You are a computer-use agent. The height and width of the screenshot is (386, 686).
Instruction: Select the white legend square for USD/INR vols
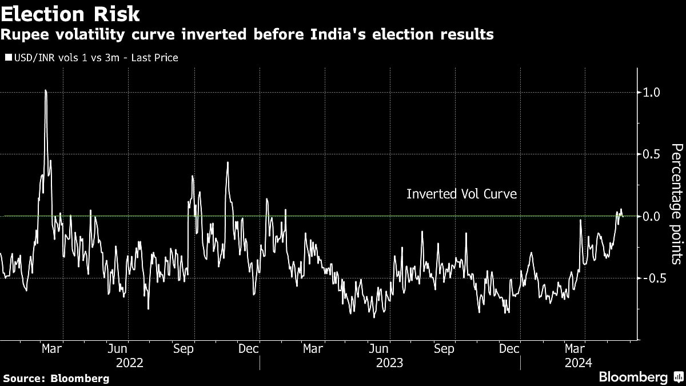pyautogui.click(x=7, y=58)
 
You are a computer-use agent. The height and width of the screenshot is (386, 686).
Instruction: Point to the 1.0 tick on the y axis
pyautogui.click(x=652, y=92)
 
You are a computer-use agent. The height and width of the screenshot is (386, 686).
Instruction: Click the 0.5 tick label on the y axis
pyautogui.click(x=652, y=154)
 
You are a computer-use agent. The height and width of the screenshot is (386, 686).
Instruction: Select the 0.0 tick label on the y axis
pyautogui.click(x=652, y=216)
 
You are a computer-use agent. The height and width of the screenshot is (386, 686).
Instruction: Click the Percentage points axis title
pyautogui.click(x=676, y=204)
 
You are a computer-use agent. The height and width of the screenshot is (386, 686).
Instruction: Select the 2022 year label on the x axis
pyautogui.click(x=129, y=362)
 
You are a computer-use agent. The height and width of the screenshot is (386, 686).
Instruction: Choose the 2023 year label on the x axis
pyautogui.click(x=389, y=362)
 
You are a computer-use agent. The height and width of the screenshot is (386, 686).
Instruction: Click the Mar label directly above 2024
pyautogui.click(x=575, y=348)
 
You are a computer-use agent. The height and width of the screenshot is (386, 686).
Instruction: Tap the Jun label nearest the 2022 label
pyautogui.click(x=117, y=348)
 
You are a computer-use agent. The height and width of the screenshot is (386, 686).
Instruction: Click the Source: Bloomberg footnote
pyautogui.click(x=56, y=378)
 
